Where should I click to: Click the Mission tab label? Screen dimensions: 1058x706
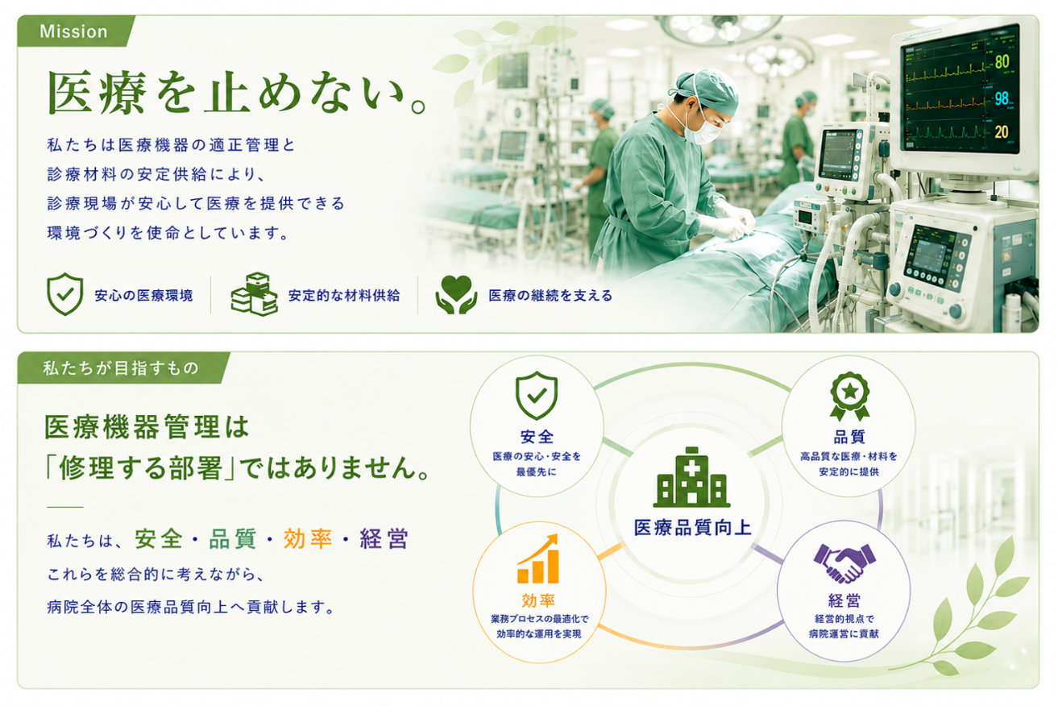point(73,31)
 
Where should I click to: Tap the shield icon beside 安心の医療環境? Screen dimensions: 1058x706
point(65,294)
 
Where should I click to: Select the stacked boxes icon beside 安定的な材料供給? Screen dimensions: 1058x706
point(254,294)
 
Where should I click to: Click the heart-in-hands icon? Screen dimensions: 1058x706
point(456,294)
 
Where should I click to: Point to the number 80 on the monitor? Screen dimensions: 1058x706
point(1002,62)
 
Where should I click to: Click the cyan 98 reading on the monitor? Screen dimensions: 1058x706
point(1002,98)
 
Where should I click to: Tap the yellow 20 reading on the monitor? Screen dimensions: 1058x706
point(1002,131)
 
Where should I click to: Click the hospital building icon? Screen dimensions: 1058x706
point(691,477)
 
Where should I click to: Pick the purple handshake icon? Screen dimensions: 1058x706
point(844,563)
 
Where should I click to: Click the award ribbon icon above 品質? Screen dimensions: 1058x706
point(850,396)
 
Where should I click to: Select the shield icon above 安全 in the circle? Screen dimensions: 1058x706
point(537,396)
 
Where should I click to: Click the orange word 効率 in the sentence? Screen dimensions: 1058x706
point(308,538)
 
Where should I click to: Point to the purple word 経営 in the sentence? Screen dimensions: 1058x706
point(384,538)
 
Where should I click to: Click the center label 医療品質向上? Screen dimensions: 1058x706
point(692,527)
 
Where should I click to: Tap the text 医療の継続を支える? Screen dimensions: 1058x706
point(550,296)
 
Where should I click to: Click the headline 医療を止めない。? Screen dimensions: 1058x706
point(237,93)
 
